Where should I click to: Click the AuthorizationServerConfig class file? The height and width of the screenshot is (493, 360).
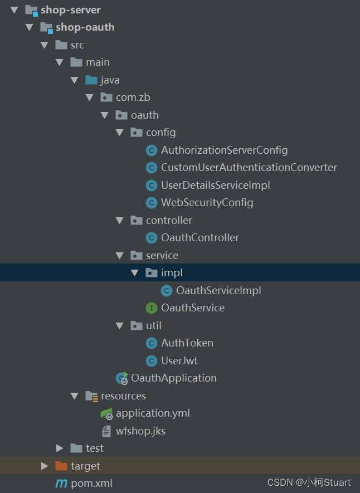(224, 150)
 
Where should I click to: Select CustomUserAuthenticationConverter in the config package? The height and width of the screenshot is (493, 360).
(249, 167)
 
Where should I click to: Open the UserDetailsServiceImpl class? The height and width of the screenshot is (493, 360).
(215, 185)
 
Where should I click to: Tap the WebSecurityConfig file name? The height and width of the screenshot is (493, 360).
(207, 203)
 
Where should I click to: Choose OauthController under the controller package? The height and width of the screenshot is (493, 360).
(200, 238)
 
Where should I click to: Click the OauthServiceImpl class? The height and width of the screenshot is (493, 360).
(218, 290)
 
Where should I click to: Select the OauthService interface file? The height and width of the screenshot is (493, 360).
(192, 308)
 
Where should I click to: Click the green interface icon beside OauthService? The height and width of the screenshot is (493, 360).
(151, 308)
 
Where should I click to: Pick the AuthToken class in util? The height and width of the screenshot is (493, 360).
(187, 343)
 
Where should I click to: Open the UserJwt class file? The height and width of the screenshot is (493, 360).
(179, 360)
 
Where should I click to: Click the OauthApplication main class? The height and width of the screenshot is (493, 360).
(173, 378)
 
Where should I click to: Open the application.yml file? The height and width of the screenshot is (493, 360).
(152, 413)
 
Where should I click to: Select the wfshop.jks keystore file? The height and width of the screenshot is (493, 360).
(140, 431)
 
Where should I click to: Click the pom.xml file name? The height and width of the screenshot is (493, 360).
(91, 484)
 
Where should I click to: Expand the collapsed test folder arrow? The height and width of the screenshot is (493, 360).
(60, 448)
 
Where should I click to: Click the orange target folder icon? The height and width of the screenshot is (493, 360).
(61, 466)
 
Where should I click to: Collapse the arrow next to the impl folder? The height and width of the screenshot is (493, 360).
(134, 273)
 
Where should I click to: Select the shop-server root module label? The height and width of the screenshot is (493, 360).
(70, 9)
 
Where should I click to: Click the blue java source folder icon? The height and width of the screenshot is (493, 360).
(91, 80)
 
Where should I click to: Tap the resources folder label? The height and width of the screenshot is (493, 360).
(123, 396)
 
